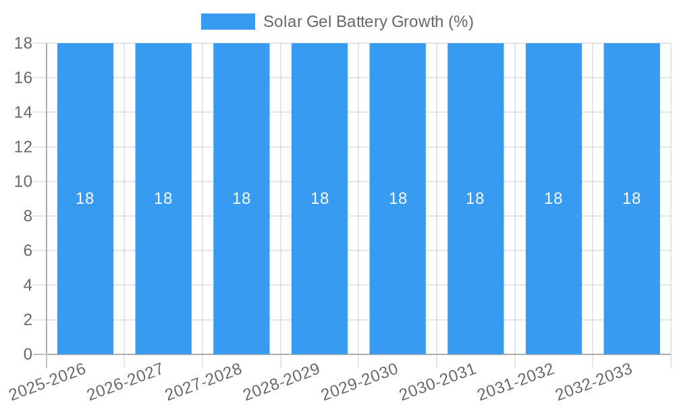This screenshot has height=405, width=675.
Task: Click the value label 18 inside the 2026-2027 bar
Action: point(163,198)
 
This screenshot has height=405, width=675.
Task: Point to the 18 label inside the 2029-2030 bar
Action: point(398,198)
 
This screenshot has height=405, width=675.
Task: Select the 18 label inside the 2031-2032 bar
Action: point(553,198)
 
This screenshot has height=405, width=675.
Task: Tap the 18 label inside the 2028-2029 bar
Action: point(319,198)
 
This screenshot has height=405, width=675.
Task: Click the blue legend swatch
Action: point(227,22)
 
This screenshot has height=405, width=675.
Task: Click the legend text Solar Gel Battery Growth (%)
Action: point(368,22)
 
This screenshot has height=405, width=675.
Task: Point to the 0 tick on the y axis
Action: point(28,354)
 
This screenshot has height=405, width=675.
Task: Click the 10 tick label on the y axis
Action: point(24,182)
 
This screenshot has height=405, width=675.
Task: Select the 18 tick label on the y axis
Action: point(24,43)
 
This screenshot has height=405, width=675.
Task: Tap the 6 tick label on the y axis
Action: point(28,250)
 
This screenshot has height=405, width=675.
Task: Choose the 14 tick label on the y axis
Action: point(24,112)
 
